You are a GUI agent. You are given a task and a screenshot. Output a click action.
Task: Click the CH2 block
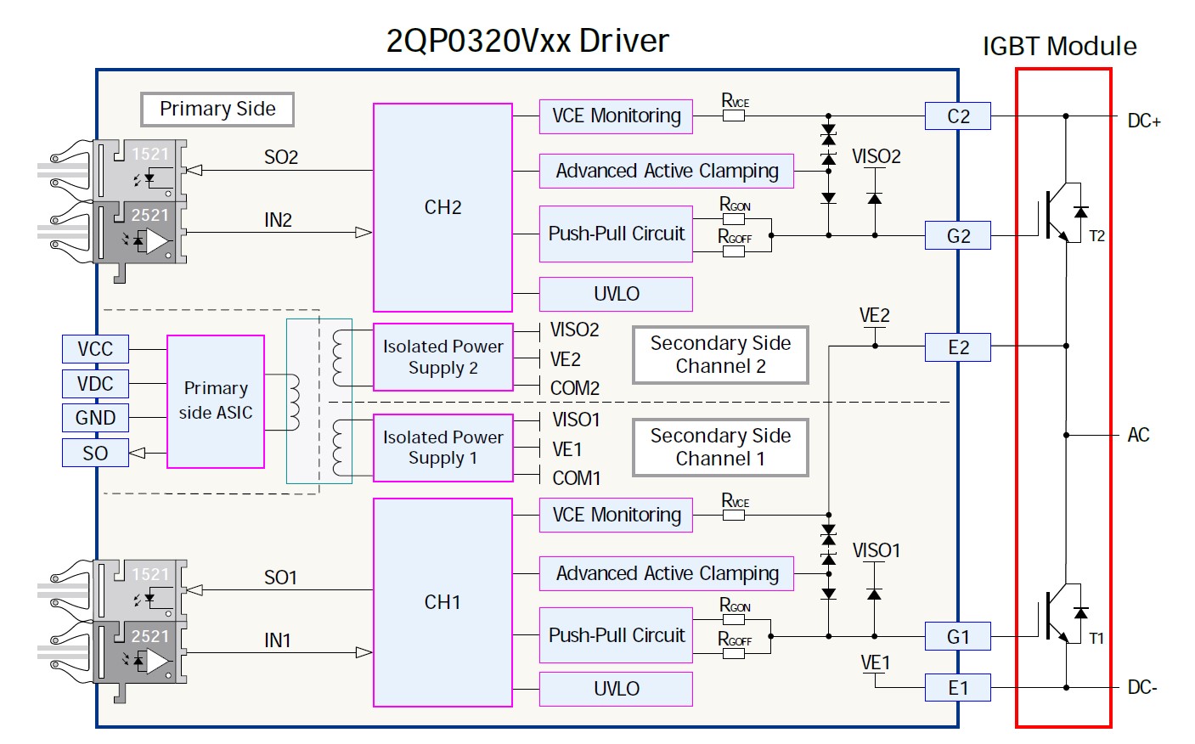click(442, 208)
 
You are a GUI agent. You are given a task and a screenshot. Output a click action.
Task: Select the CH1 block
click(442, 602)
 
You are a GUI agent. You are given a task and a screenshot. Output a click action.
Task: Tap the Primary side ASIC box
click(216, 401)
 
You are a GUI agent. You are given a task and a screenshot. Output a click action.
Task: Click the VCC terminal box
click(95, 349)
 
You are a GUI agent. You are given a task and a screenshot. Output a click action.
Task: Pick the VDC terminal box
click(95, 384)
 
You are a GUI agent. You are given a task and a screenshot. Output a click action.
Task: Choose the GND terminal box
click(95, 418)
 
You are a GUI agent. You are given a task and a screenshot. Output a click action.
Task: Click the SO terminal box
click(95, 453)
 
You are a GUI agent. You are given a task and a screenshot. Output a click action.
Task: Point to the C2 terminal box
click(957, 116)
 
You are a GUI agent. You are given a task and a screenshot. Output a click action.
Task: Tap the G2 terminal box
click(957, 236)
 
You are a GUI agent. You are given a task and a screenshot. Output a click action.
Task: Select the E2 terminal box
click(957, 347)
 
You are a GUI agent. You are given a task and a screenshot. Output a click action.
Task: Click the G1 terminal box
click(957, 637)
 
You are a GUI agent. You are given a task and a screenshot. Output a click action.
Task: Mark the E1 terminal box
click(957, 688)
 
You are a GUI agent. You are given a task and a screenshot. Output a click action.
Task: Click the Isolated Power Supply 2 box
click(442, 357)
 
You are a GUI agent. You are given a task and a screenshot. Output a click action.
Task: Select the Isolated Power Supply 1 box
click(442, 448)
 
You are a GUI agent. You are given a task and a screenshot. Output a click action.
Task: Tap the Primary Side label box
click(217, 109)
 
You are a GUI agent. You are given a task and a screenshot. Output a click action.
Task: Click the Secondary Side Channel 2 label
click(720, 355)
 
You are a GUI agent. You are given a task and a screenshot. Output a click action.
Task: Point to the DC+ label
click(1143, 121)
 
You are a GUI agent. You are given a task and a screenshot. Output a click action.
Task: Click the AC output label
click(1138, 436)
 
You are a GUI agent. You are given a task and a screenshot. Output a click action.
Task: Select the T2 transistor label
click(1096, 236)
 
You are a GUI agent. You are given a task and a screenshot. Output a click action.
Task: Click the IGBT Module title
click(1059, 47)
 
